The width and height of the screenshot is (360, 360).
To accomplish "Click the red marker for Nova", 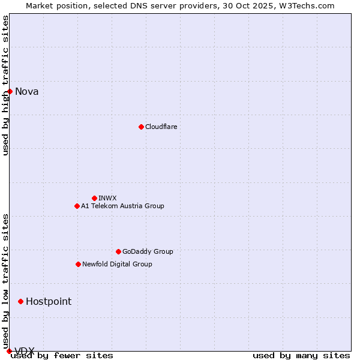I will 10,91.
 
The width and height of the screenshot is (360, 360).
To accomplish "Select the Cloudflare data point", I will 141,127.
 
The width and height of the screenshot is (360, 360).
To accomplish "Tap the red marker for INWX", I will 94,198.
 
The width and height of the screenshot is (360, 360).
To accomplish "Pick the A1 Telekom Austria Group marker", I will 77,206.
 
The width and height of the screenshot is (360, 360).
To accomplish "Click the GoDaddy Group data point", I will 118,251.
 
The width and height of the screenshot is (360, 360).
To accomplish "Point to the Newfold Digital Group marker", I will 78,264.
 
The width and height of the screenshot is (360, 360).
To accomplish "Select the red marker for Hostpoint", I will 20,301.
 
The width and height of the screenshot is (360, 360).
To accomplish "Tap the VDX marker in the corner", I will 9,351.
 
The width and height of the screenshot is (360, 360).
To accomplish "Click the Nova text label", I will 26,92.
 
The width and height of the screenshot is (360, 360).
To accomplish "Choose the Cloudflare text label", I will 161,127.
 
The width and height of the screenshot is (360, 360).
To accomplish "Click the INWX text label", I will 107,198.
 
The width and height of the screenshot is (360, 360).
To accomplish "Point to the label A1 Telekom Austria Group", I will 122,206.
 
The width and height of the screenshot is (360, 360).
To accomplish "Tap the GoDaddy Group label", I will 148,251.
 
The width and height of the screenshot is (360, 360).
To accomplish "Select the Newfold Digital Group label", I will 117,264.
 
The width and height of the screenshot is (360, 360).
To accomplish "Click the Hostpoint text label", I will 48,301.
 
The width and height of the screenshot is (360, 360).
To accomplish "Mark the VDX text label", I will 25,351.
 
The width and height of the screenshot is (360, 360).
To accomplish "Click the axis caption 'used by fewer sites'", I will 62,356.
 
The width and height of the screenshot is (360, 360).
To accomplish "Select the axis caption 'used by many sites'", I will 301,356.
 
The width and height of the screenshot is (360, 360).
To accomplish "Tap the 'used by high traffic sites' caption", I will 5,85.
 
